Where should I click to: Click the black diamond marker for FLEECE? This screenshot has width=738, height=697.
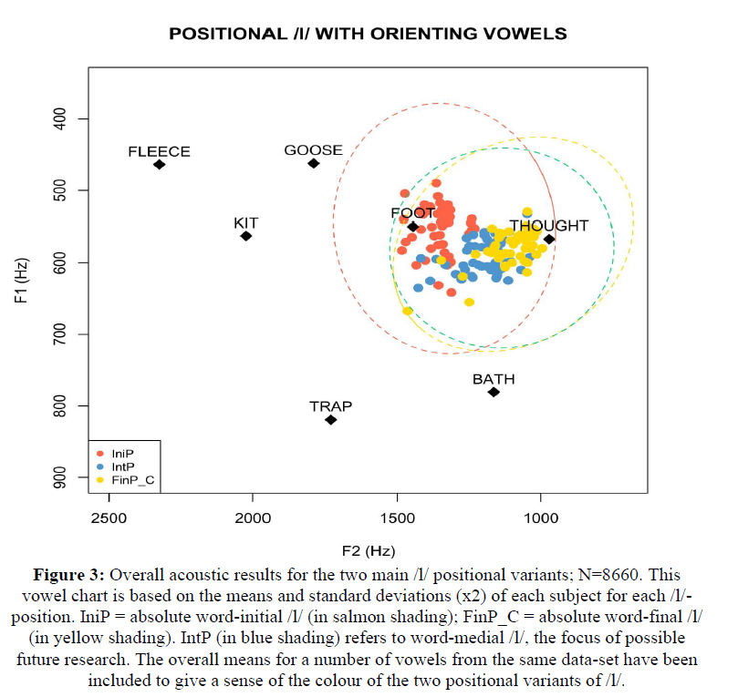(x=159, y=165)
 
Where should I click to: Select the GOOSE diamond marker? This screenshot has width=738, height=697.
(x=313, y=163)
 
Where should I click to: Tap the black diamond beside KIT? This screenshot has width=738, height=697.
(x=245, y=236)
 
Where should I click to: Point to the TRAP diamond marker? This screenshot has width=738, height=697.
(x=330, y=419)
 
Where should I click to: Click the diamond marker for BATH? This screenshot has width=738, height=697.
(x=494, y=392)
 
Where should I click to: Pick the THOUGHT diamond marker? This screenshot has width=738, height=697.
(x=549, y=239)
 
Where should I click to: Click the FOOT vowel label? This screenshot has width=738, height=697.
(x=412, y=213)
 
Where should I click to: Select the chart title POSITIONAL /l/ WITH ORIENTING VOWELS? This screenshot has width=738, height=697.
(x=368, y=34)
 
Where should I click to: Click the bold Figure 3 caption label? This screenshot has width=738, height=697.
(x=69, y=576)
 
